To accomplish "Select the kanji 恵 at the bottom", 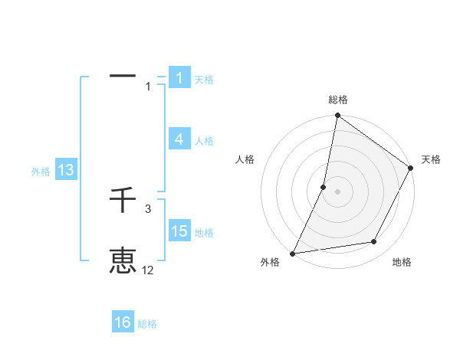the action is click(123, 260).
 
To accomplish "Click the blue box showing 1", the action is click(179, 78).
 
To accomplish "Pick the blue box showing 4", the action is click(179, 139).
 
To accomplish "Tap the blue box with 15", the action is click(179, 231).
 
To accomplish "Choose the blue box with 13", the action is click(65, 171).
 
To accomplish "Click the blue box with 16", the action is click(123, 322).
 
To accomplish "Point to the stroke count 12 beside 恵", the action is click(148, 270).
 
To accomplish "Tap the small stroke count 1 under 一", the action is click(148, 87).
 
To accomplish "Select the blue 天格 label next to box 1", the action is click(204, 79).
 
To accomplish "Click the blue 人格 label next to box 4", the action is click(204, 141).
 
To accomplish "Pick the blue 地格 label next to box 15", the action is click(204, 233).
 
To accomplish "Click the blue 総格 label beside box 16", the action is click(147, 324).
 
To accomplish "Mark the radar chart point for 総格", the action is click(337, 116).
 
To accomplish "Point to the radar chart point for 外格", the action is click(292, 254).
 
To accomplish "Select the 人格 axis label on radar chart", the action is click(245, 159).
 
